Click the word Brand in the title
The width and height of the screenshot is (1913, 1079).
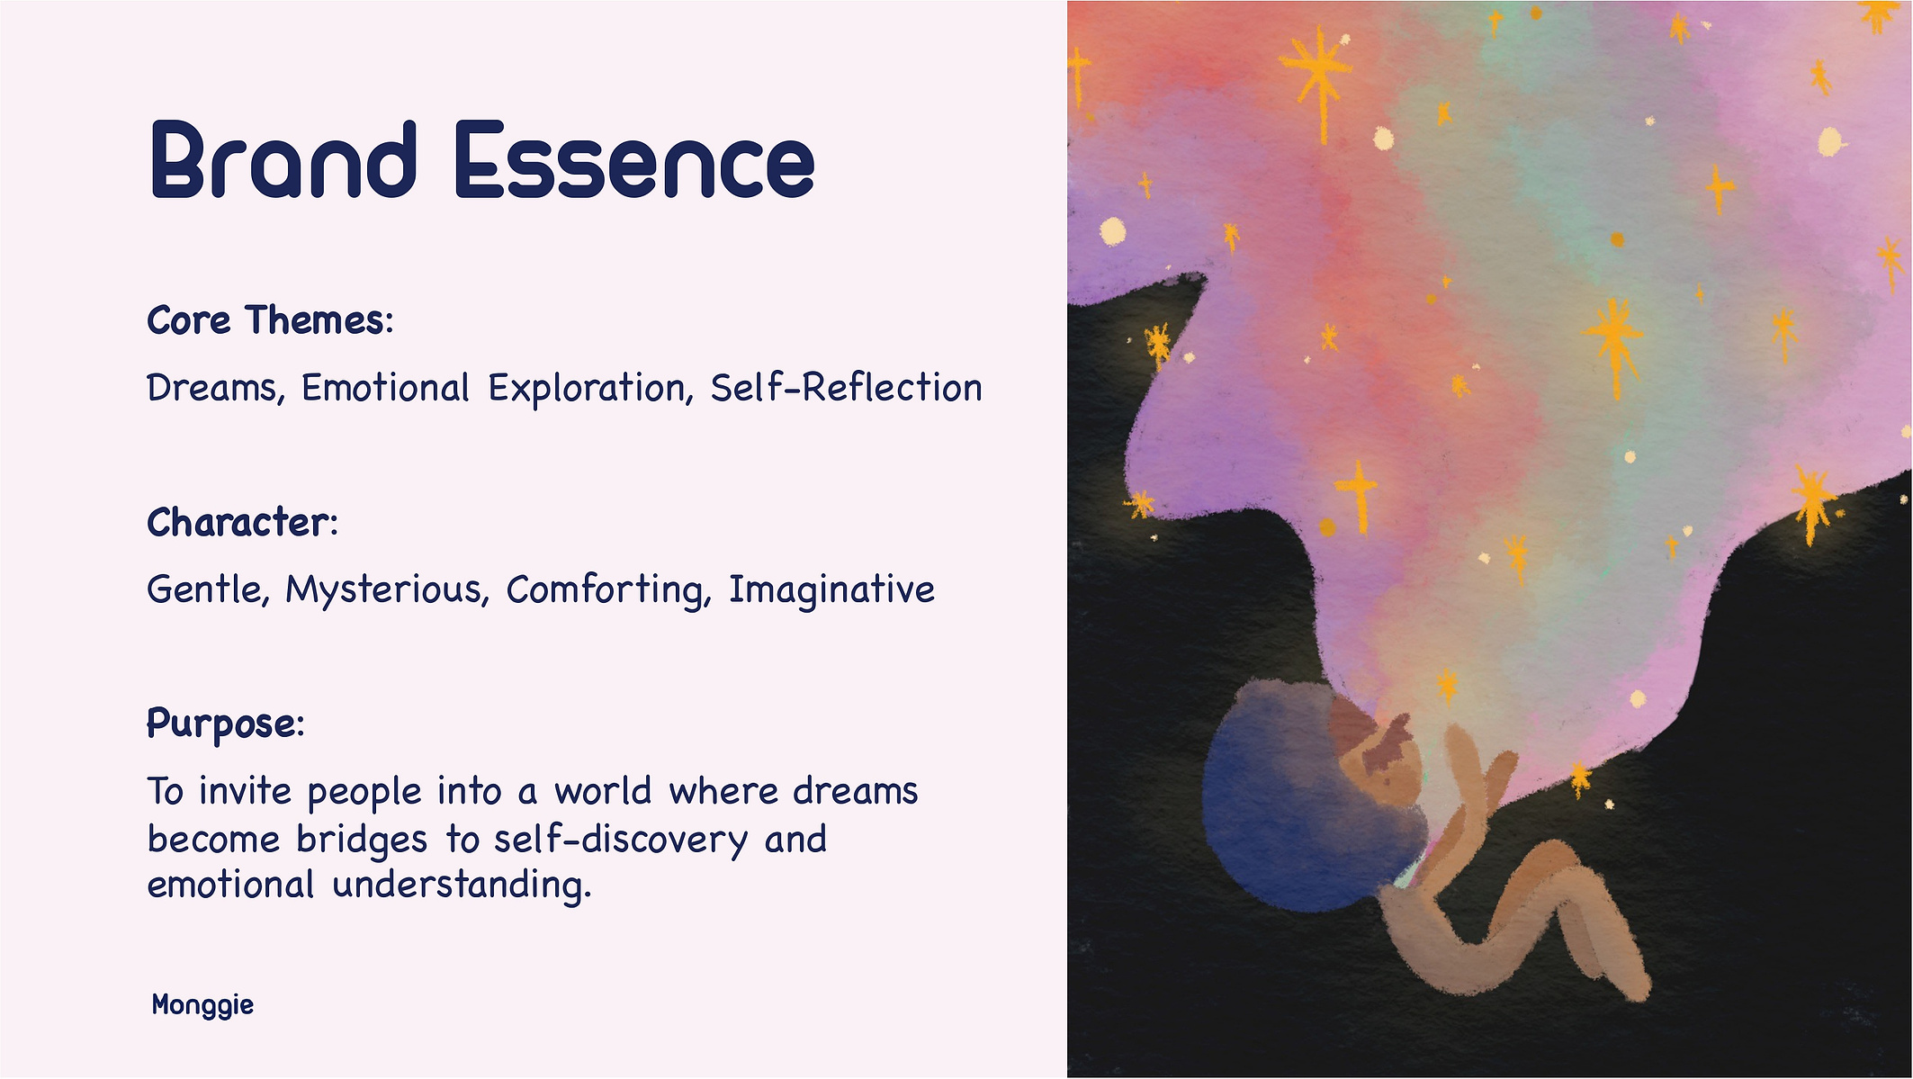[283, 159]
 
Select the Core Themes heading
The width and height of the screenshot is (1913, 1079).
[270, 320]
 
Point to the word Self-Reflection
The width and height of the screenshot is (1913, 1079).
[846, 388]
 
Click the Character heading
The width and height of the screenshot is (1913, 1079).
[242, 522]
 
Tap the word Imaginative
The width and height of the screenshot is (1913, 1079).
[831, 590]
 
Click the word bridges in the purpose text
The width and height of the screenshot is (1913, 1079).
[362, 840]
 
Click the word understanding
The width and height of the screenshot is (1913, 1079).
[462, 885]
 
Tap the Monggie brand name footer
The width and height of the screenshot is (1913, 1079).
[202, 1005]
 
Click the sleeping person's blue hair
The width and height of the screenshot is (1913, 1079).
[1296, 810]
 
